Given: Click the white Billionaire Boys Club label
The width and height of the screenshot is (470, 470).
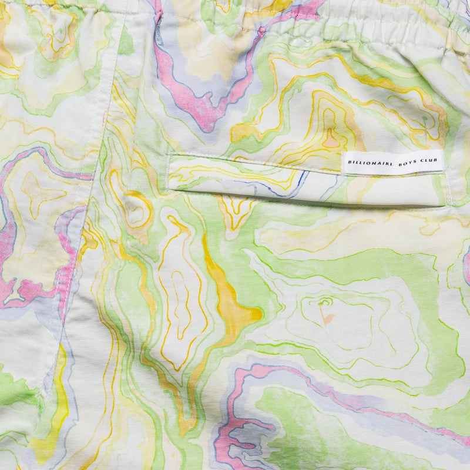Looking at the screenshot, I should pos(392,162).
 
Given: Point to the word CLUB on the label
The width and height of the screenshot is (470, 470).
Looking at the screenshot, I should pos(425,162).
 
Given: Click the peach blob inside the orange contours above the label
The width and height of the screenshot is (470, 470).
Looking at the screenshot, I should pos(333,141).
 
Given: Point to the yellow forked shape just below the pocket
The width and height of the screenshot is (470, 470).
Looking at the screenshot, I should pos(236,211).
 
